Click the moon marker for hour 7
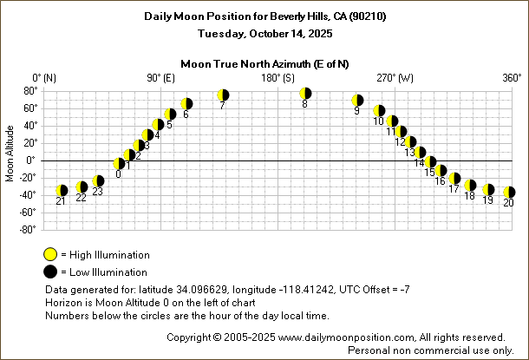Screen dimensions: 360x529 [223, 95]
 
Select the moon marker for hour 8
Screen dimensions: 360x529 [305, 94]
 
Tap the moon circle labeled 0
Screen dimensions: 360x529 [120, 163]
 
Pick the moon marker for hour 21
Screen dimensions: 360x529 [62, 191]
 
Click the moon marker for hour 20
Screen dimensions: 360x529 [509, 193]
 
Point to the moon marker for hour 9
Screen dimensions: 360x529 [357, 101]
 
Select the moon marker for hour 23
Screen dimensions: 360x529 [98, 181]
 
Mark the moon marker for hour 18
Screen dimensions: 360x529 [470, 186]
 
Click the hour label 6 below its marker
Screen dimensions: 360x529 [186, 114]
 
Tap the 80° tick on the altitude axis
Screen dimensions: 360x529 [29, 90]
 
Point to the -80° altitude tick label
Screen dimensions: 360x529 [26, 229]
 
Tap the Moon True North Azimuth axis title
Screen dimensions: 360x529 [264, 63]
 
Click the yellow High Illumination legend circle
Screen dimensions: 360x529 [50, 255]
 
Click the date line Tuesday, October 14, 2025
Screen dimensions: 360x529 [264, 33]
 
